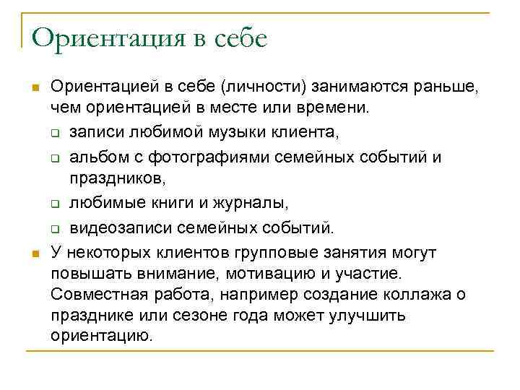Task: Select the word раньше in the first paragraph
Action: click(x=447, y=88)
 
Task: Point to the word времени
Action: click(x=336, y=109)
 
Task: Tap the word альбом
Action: click(x=95, y=158)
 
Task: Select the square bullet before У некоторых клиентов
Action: click(x=34, y=253)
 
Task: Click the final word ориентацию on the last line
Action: click(x=102, y=337)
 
